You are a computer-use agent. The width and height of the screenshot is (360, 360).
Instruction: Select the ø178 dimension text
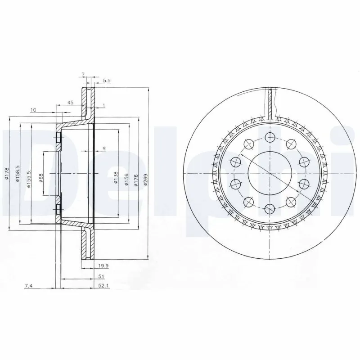(6, 174)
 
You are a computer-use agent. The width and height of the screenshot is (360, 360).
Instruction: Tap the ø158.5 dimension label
(18, 174)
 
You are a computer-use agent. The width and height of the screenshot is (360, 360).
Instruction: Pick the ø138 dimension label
(116, 177)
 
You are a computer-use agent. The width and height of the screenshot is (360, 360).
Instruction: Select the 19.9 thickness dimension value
(103, 266)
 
